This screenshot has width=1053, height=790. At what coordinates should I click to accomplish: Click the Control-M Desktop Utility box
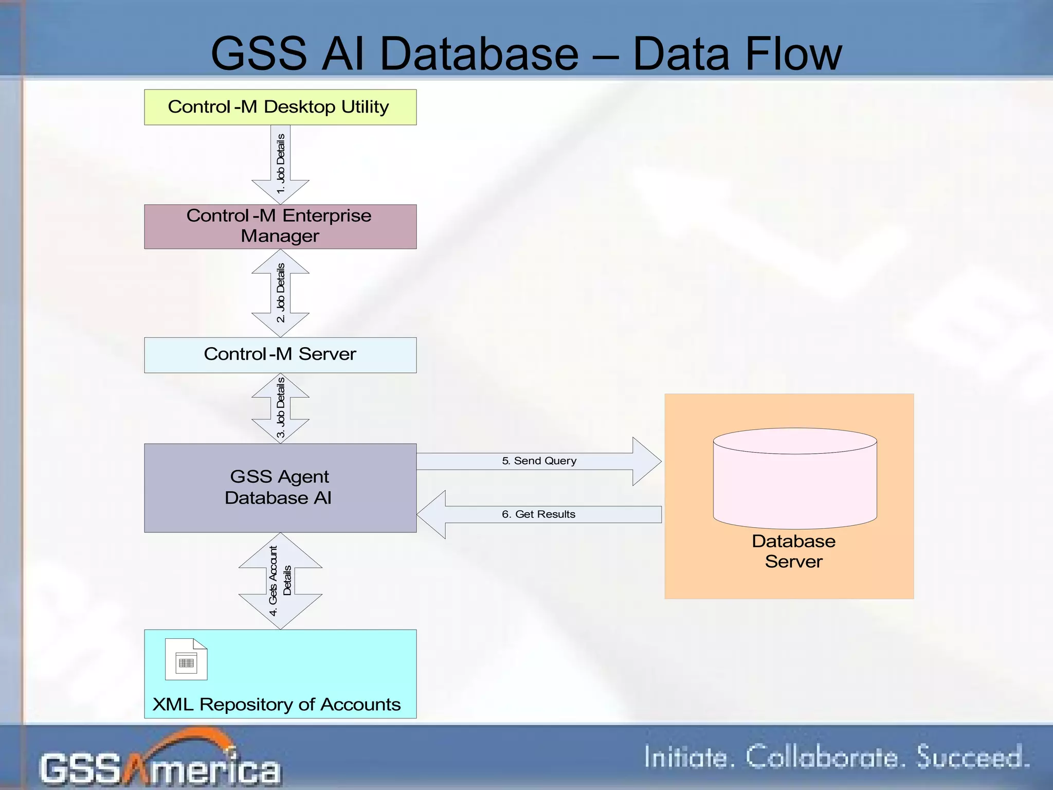tap(280, 107)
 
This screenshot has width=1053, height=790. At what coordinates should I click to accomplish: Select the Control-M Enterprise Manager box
tap(280, 226)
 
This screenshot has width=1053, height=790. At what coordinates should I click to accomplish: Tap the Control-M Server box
tap(280, 355)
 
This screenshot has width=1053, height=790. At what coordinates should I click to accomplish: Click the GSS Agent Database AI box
tap(280, 488)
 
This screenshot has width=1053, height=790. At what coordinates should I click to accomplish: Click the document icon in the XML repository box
tap(186, 659)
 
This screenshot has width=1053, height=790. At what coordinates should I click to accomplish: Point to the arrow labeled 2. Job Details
tap(280, 293)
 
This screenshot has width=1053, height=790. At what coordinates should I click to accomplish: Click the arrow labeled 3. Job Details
tap(280, 408)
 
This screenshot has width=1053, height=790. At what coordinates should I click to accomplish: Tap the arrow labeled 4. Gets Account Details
tap(280, 581)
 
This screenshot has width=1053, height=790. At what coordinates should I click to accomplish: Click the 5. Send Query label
tap(539, 461)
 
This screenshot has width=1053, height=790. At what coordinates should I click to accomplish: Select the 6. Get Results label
tap(538, 514)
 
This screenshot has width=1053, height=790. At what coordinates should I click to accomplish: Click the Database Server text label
tap(793, 551)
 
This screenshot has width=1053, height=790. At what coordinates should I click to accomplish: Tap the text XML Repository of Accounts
tap(277, 704)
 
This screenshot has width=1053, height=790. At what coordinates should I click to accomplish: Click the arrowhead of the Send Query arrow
tap(647, 461)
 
